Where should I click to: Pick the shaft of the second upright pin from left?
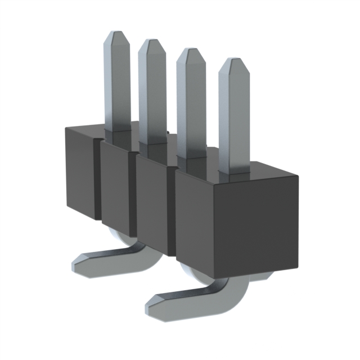pyautogui.click(x=151, y=96)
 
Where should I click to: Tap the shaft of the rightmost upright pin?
pyautogui.click(x=233, y=124)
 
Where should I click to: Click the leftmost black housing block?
pyautogui.click(x=79, y=169)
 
